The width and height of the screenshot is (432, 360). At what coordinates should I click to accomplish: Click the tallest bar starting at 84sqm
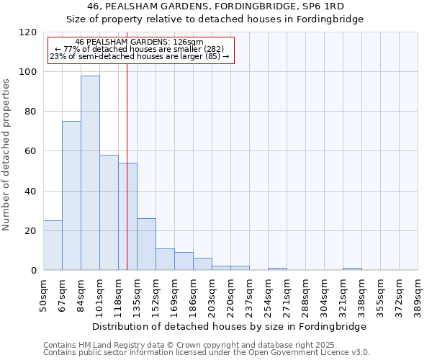[90, 173]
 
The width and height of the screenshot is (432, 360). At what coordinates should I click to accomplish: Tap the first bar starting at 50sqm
[53, 246]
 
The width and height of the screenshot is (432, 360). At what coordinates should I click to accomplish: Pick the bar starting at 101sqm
[109, 212]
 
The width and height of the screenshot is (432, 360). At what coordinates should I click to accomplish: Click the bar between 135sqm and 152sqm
[146, 244]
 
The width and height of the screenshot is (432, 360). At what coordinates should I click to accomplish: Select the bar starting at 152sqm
[165, 259]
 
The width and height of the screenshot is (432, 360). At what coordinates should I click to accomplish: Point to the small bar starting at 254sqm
[277, 269]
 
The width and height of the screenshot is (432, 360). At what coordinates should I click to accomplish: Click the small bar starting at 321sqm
[352, 269]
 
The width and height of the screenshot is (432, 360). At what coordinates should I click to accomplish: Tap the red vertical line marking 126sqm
[127, 180]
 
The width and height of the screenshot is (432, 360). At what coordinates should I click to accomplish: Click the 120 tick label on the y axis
[29, 32]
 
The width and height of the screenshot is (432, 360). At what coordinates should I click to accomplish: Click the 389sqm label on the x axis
[418, 294]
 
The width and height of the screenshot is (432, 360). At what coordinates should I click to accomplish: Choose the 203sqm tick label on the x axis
[212, 294]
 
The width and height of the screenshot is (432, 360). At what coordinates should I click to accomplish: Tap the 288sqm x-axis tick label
[305, 294]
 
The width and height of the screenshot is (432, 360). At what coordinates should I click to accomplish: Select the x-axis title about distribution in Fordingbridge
[230, 326]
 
